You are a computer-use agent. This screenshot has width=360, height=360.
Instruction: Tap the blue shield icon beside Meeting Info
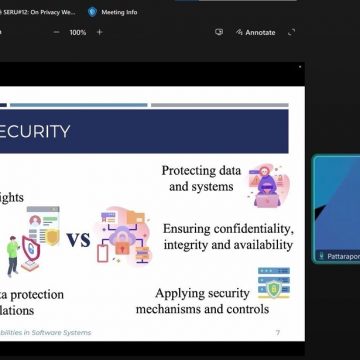pos(92,12)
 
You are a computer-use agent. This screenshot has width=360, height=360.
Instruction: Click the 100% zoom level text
pos(77,32)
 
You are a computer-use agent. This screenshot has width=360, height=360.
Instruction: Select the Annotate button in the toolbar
pos(259,32)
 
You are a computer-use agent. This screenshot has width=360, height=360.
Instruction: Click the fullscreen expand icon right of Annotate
pos(291,32)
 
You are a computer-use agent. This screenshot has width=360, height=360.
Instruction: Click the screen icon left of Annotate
pos(219,32)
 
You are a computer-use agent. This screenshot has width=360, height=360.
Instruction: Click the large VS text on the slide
pos(80,240)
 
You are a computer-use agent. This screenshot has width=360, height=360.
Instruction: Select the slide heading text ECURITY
pos(36,131)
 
